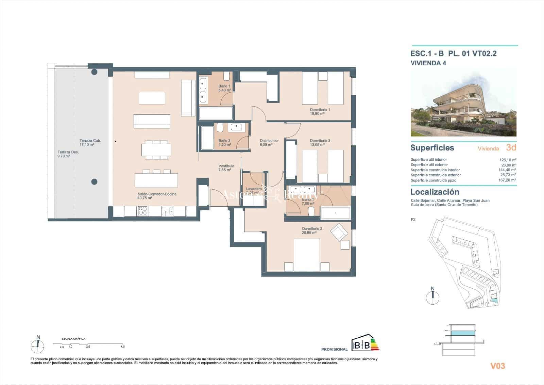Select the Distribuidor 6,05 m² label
point(269,142)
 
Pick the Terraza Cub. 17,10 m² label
point(90,142)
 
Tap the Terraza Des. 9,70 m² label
point(68,154)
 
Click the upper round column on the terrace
point(94,72)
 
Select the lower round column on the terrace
point(95,181)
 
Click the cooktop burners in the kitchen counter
point(142,211)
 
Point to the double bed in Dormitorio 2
point(307,255)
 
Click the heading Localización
point(435,192)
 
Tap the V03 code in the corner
point(497,366)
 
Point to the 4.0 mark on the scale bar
point(122,347)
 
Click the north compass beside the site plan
point(432,296)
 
